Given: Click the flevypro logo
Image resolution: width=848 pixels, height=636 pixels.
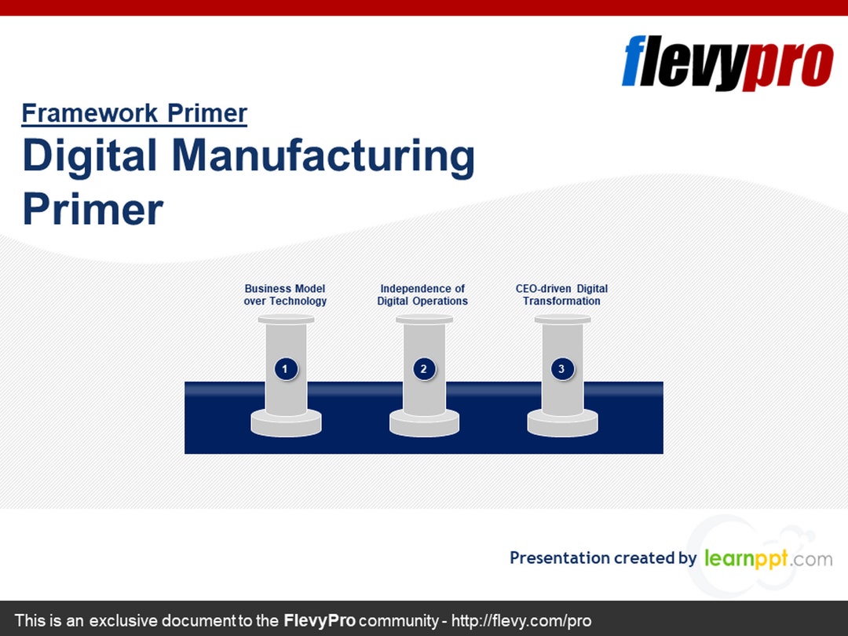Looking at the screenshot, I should point(727,64).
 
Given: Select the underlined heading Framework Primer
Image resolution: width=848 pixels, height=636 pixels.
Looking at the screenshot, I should point(134,114).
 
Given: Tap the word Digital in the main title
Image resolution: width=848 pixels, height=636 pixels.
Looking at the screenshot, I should point(90,156).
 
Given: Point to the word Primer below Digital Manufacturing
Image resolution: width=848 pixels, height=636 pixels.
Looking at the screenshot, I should point(93,209).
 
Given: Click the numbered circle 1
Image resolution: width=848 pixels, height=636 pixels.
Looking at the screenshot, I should point(286,368).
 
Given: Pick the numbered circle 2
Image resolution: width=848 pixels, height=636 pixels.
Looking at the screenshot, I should point(424,368).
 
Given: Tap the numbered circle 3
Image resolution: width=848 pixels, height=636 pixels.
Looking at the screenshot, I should point(562,368).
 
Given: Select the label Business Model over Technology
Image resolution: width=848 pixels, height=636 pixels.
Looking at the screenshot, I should point(285,295).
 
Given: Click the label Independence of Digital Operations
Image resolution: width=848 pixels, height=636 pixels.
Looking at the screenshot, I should point(422,295).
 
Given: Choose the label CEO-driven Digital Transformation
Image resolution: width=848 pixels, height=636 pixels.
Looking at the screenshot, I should point(561,295).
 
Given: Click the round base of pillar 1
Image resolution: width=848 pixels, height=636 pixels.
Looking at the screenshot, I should point(286,424).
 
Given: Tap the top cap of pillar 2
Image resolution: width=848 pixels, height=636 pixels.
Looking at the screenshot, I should point(424,319).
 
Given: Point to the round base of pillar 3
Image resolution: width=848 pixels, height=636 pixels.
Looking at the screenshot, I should point(562,424).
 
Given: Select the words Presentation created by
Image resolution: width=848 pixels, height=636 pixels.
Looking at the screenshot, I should point(602,558).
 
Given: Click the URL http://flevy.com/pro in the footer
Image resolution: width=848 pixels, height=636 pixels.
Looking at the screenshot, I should point(521,620).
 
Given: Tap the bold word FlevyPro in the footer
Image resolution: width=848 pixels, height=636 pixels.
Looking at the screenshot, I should point(320,620).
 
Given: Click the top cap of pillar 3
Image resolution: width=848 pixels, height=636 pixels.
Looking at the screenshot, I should point(562,319).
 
